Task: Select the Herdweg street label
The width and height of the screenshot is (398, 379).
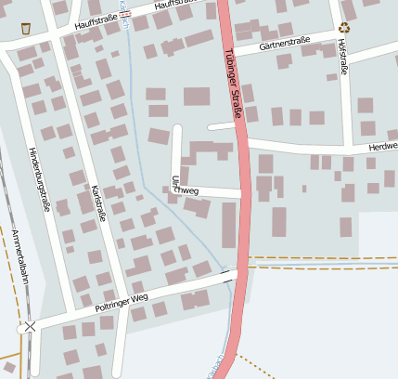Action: pyautogui.click(x=382, y=147)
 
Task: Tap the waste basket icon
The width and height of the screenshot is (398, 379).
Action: pyautogui.click(x=25, y=28)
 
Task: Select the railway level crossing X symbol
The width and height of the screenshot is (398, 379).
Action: pyautogui.click(x=31, y=327)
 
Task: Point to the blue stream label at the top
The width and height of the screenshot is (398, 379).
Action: pyautogui.click(x=123, y=13)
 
